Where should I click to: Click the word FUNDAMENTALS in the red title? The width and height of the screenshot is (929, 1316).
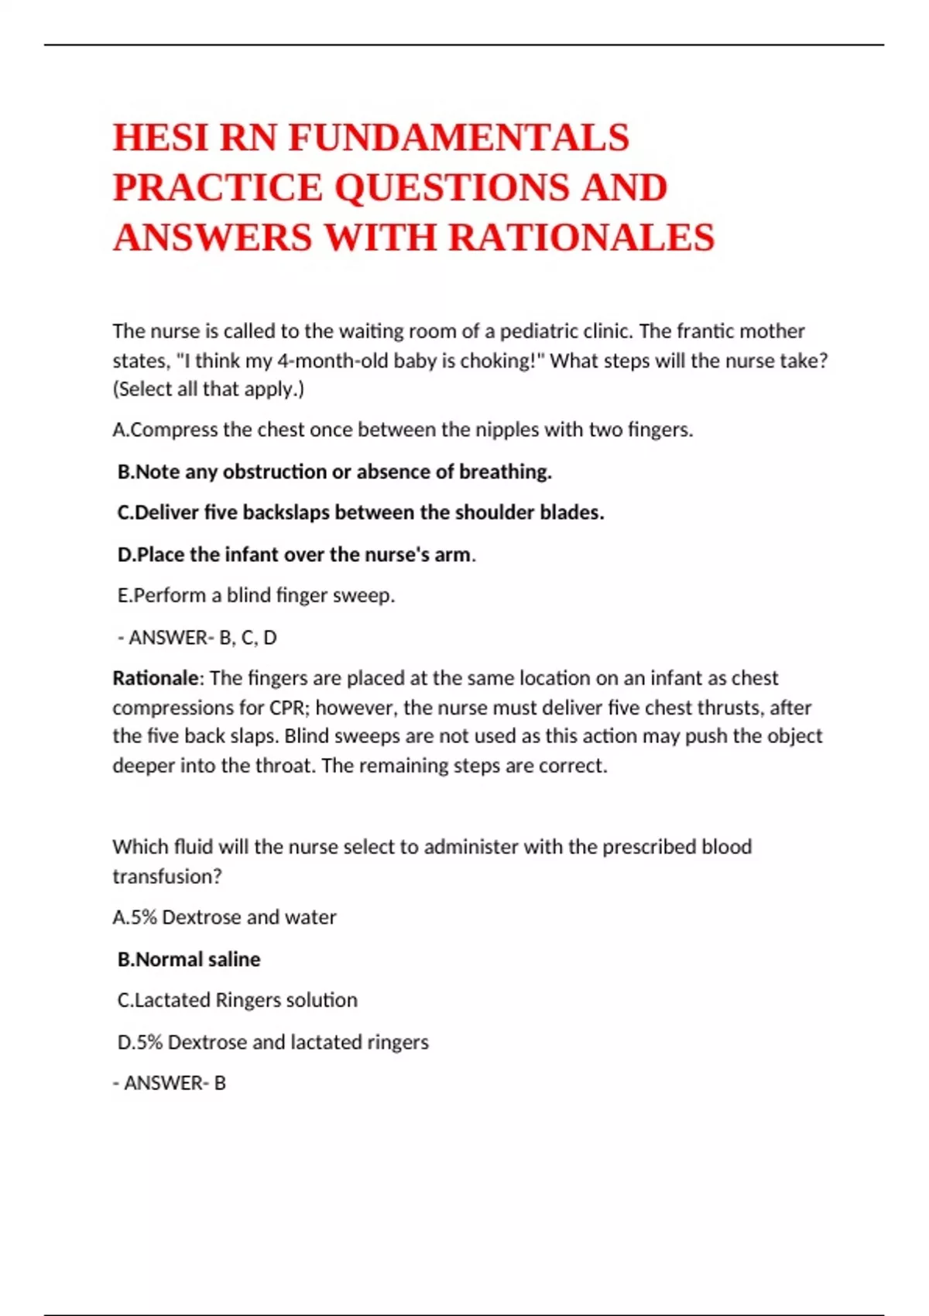tap(458, 138)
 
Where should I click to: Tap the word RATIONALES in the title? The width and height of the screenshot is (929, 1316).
tap(581, 237)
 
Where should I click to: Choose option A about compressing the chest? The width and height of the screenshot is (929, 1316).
tap(403, 430)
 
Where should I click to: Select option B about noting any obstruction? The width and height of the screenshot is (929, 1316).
tap(334, 471)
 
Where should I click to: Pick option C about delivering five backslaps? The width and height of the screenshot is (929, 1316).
tap(361, 512)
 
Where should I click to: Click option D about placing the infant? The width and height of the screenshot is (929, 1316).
tap(294, 554)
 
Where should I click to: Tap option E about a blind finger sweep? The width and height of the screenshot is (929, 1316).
tap(256, 595)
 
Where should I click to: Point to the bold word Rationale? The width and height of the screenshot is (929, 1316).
tap(156, 678)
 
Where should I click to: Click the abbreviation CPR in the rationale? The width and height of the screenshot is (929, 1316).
tap(289, 708)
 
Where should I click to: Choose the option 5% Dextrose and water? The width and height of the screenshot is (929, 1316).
tap(225, 917)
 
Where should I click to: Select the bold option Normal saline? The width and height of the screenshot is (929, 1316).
tap(189, 959)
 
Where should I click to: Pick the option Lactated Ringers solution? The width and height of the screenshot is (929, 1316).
tap(238, 1000)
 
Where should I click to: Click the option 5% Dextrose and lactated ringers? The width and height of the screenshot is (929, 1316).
tap(273, 1042)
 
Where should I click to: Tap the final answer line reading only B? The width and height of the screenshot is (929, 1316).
tap(170, 1083)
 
